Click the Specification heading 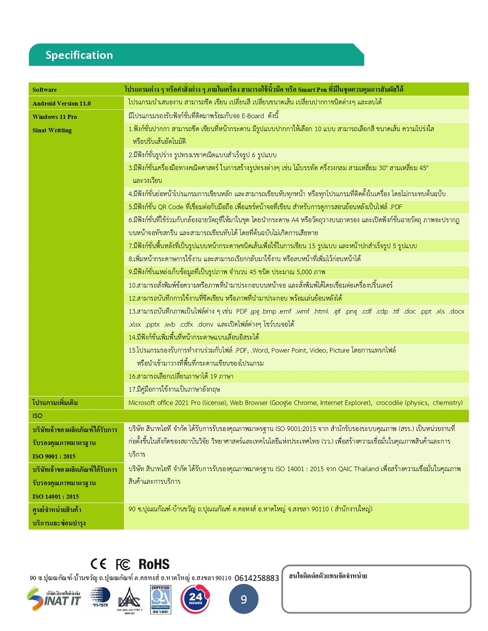tap(79, 55)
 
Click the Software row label tap(44, 90)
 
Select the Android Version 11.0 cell tap(61, 103)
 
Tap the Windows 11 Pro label tap(55, 117)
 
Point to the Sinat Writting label tap(52, 130)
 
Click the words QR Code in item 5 tap(171, 207)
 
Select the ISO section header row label tap(38, 416)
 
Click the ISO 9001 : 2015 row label tap(54, 456)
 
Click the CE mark tap(99, 564)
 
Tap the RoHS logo tap(154, 564)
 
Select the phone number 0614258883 tap(257, 578)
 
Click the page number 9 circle tap(244, 599)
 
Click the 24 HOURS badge tap(195, 599)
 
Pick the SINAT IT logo tap(54, 599)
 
